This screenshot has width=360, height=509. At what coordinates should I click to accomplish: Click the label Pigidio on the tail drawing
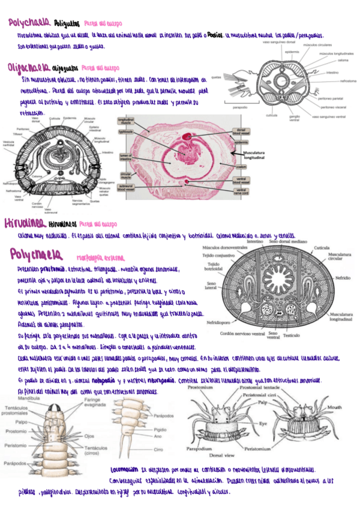click(159, 430)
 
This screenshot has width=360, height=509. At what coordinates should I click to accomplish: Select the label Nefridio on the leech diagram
click(344, 279)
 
